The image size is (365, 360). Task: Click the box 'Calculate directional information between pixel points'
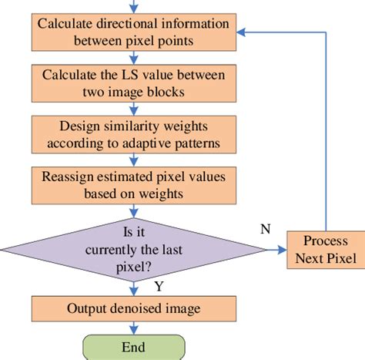132,32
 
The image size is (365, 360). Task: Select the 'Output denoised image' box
132,308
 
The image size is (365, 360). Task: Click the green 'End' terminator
132,348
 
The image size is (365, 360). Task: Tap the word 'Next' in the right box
310,257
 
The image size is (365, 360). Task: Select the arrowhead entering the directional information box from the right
241,32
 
